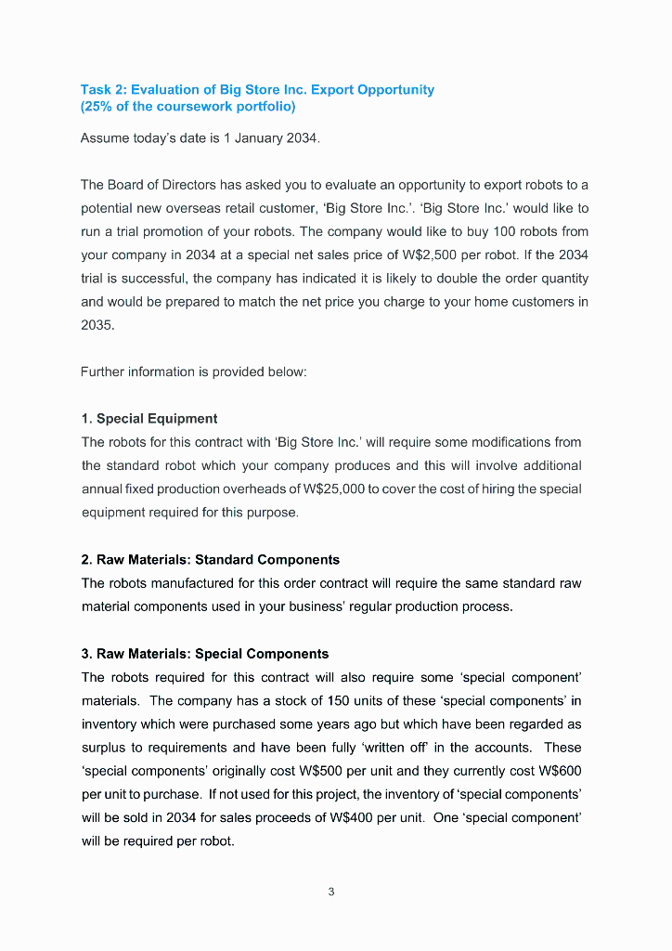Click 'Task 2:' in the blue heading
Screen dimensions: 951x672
[x=104, y=90]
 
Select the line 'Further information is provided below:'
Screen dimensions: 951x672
[x=193, y=371]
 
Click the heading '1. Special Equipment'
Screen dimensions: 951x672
[x=149, y=419]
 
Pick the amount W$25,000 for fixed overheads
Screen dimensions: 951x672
[x=330, y=489]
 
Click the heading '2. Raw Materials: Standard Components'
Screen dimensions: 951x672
[x=211, y=560]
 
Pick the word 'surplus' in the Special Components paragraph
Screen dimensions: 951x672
[x=103, y=748]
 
